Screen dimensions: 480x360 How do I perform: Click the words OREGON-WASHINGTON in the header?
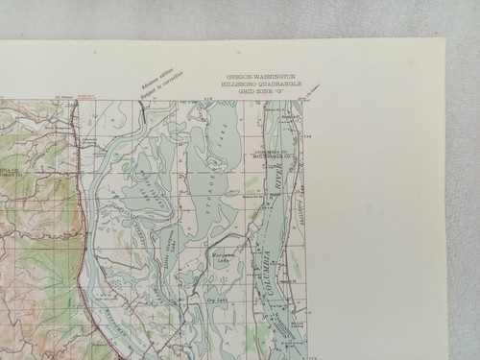(261, 76)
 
